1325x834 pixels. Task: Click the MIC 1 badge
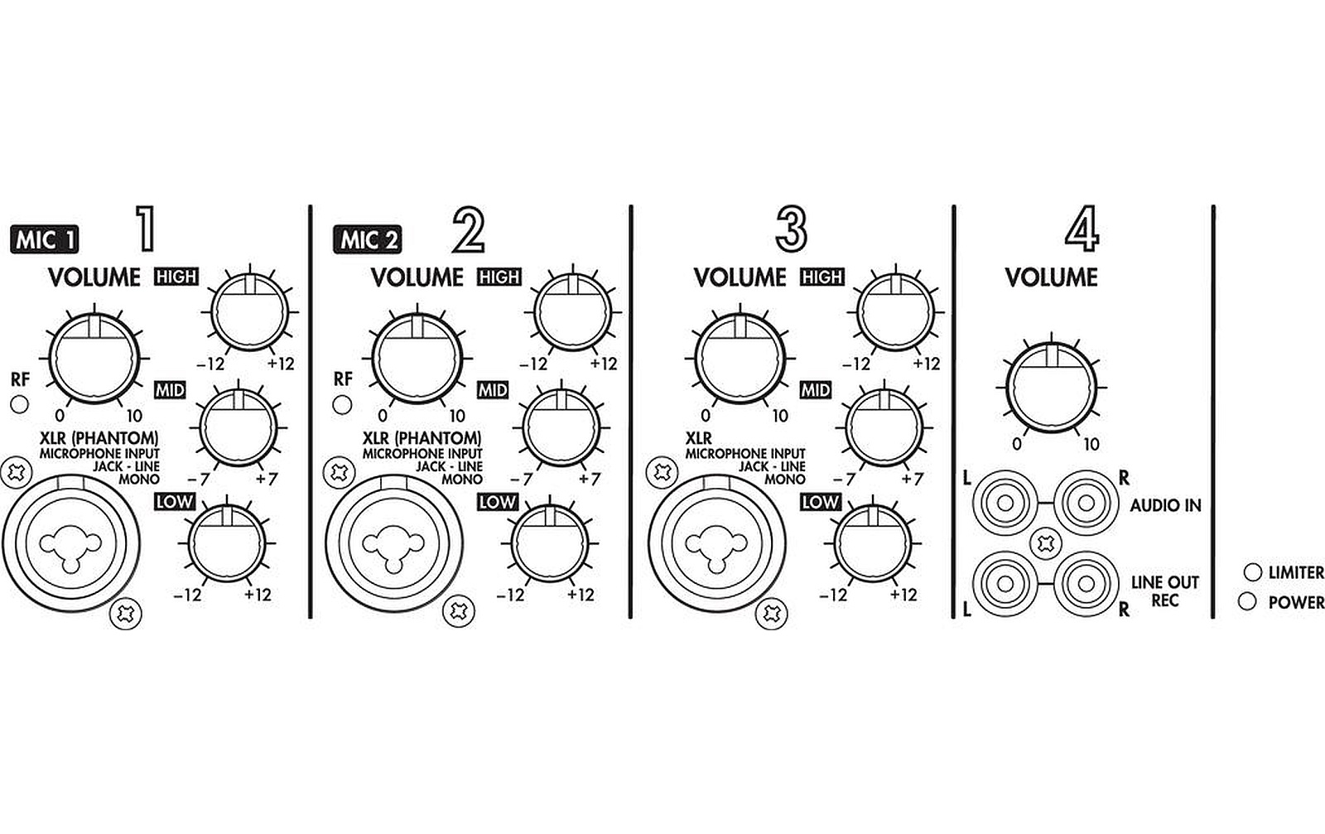tap(45, 239)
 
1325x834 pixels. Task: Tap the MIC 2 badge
tap(368, 239)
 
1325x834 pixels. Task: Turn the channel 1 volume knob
tap(94, 359)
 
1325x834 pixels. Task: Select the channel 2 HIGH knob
tap(572, 311)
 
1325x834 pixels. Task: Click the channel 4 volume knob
tap(1051, 388)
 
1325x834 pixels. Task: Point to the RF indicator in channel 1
tap(20, 405)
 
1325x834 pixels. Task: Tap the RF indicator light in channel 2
tap(343, 405)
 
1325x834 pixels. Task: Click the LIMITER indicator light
tap(1252, 572)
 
